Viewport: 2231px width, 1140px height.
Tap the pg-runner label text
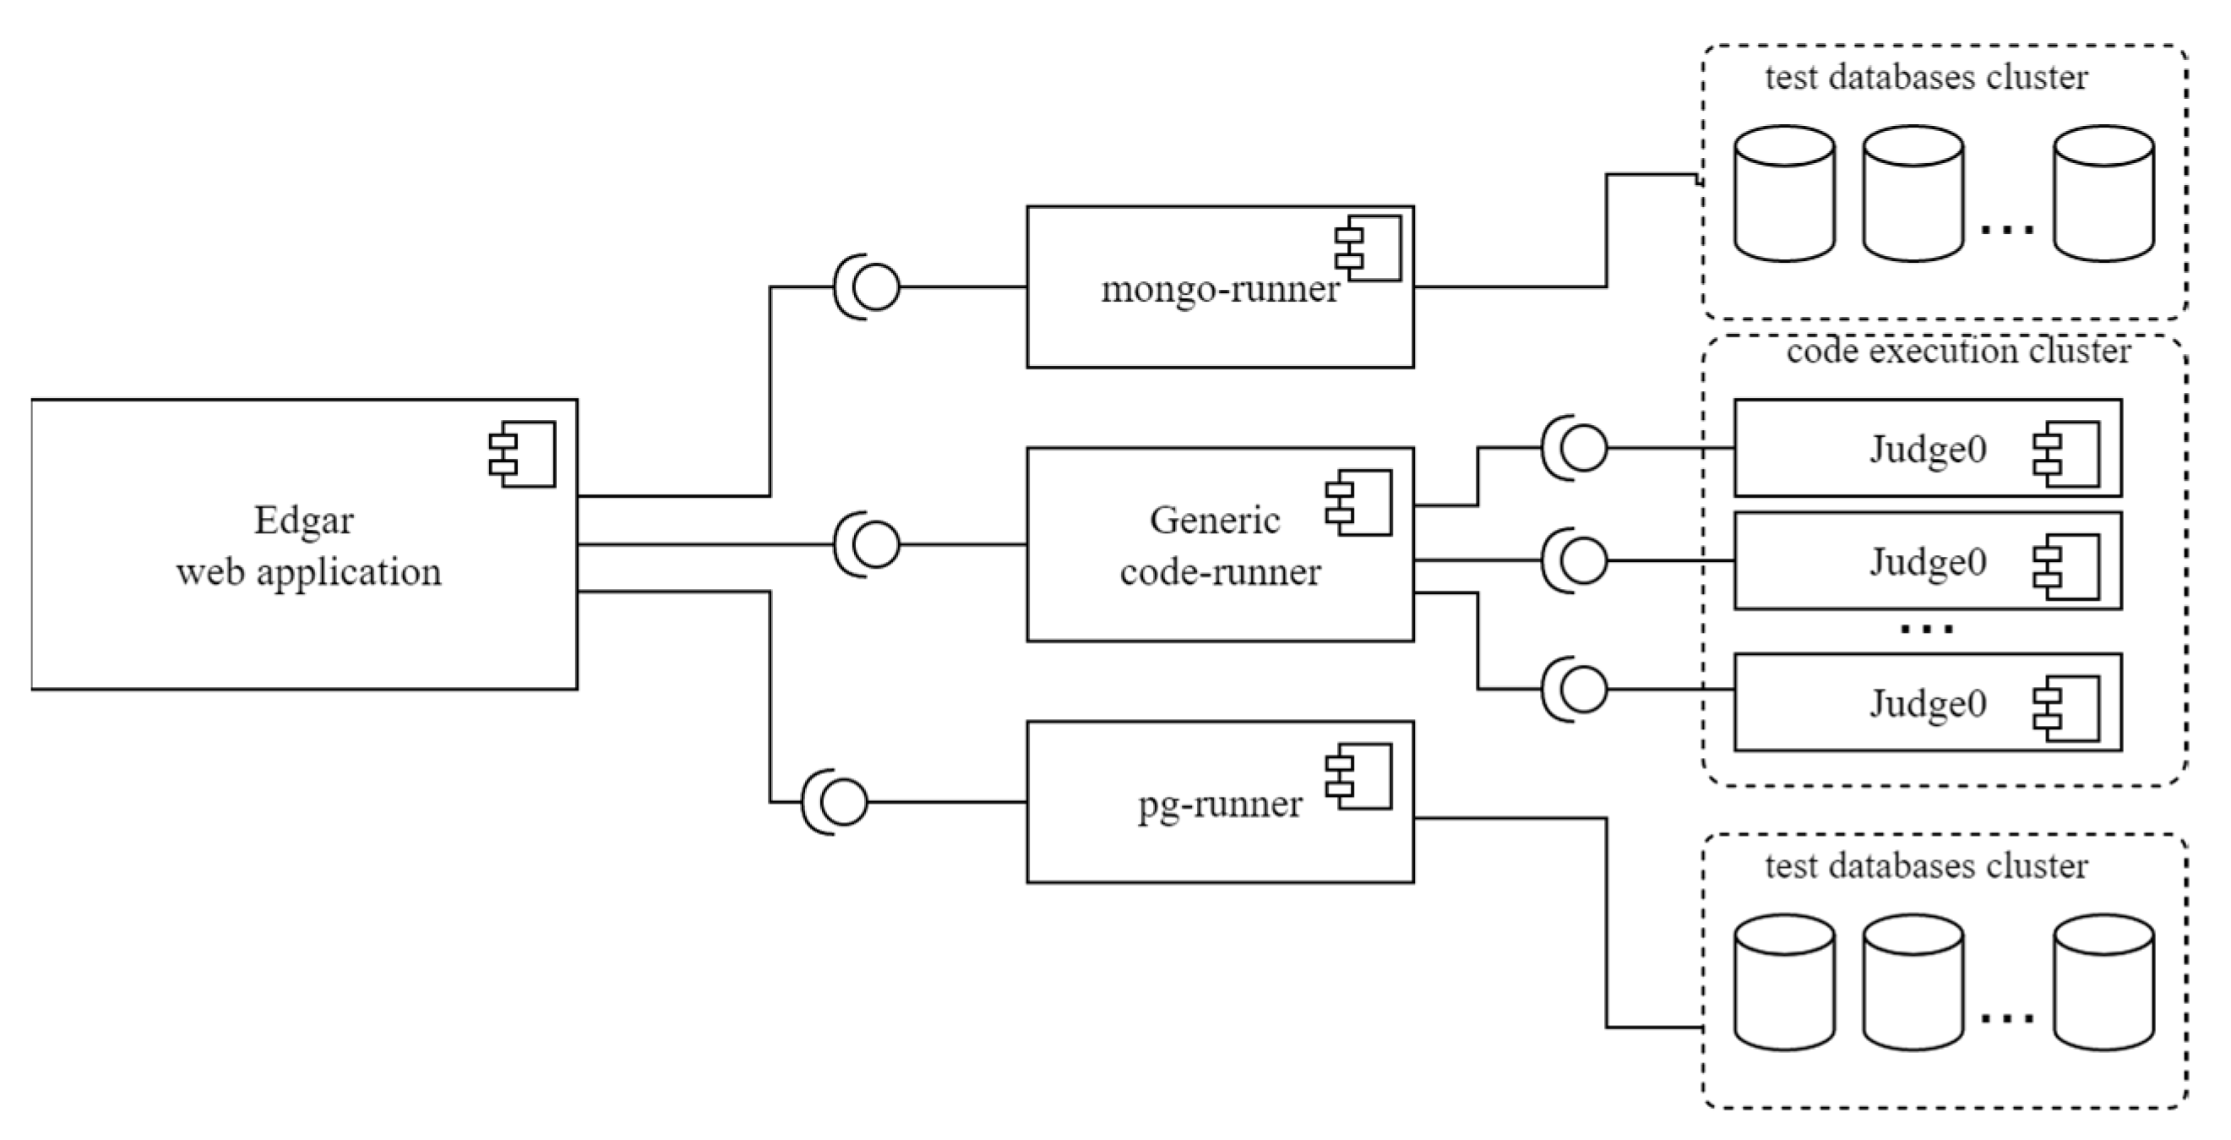(x=1220, y=805)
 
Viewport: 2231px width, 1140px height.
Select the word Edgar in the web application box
(x=303, y=521)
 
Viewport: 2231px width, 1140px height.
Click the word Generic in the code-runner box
(x=1214, y=521)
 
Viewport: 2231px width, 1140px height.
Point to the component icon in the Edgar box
(x=522, y=454)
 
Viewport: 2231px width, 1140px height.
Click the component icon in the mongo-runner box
(x=1369, y=248)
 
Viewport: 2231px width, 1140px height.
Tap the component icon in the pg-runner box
(x=1359, y=776)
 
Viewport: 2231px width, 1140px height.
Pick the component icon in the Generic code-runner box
(x=1359, y=503)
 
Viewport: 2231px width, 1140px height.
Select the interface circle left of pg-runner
(x=843, y=802)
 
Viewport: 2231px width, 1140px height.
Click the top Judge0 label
(x=1928, y=450)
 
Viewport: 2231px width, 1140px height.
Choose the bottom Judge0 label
(x=1928, y=703)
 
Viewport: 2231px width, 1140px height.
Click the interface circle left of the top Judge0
(x=1583, y=448)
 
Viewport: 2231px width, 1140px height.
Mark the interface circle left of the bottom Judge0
(x=1583, y=690)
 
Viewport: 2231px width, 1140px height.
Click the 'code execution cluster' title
(x=1958, y=352)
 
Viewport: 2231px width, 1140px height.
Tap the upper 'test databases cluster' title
(x=1926, y=78)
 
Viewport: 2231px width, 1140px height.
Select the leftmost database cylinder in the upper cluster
(x=1785, y=194)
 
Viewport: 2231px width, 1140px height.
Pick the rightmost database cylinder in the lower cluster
(x=2103, y=982)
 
